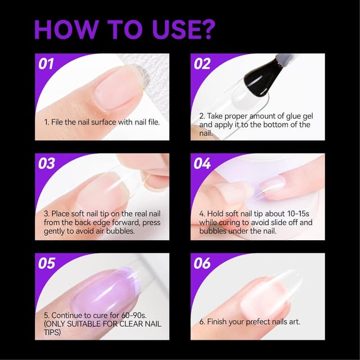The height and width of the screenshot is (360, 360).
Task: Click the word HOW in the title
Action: (63, 29)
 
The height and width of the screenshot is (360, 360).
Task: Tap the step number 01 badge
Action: (47, 64)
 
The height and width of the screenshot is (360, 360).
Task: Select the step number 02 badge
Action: (202, 64)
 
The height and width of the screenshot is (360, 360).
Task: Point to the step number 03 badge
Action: (47, 164)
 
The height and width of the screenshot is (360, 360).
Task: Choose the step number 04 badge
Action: (202, 164)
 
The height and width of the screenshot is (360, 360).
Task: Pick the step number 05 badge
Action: (47, 263)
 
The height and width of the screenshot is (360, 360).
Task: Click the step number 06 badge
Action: (202, 263)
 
